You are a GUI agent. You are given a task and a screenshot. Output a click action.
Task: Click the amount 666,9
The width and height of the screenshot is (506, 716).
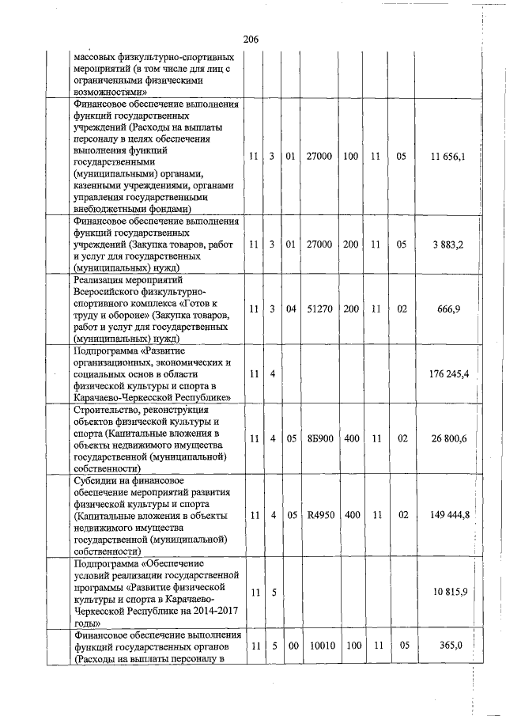click(x=454, y=309)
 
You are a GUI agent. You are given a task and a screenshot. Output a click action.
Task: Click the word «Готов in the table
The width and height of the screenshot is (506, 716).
click(x=204, y=304)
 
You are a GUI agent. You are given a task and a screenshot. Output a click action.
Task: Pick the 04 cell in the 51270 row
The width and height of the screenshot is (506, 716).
click(x=291, y=309)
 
